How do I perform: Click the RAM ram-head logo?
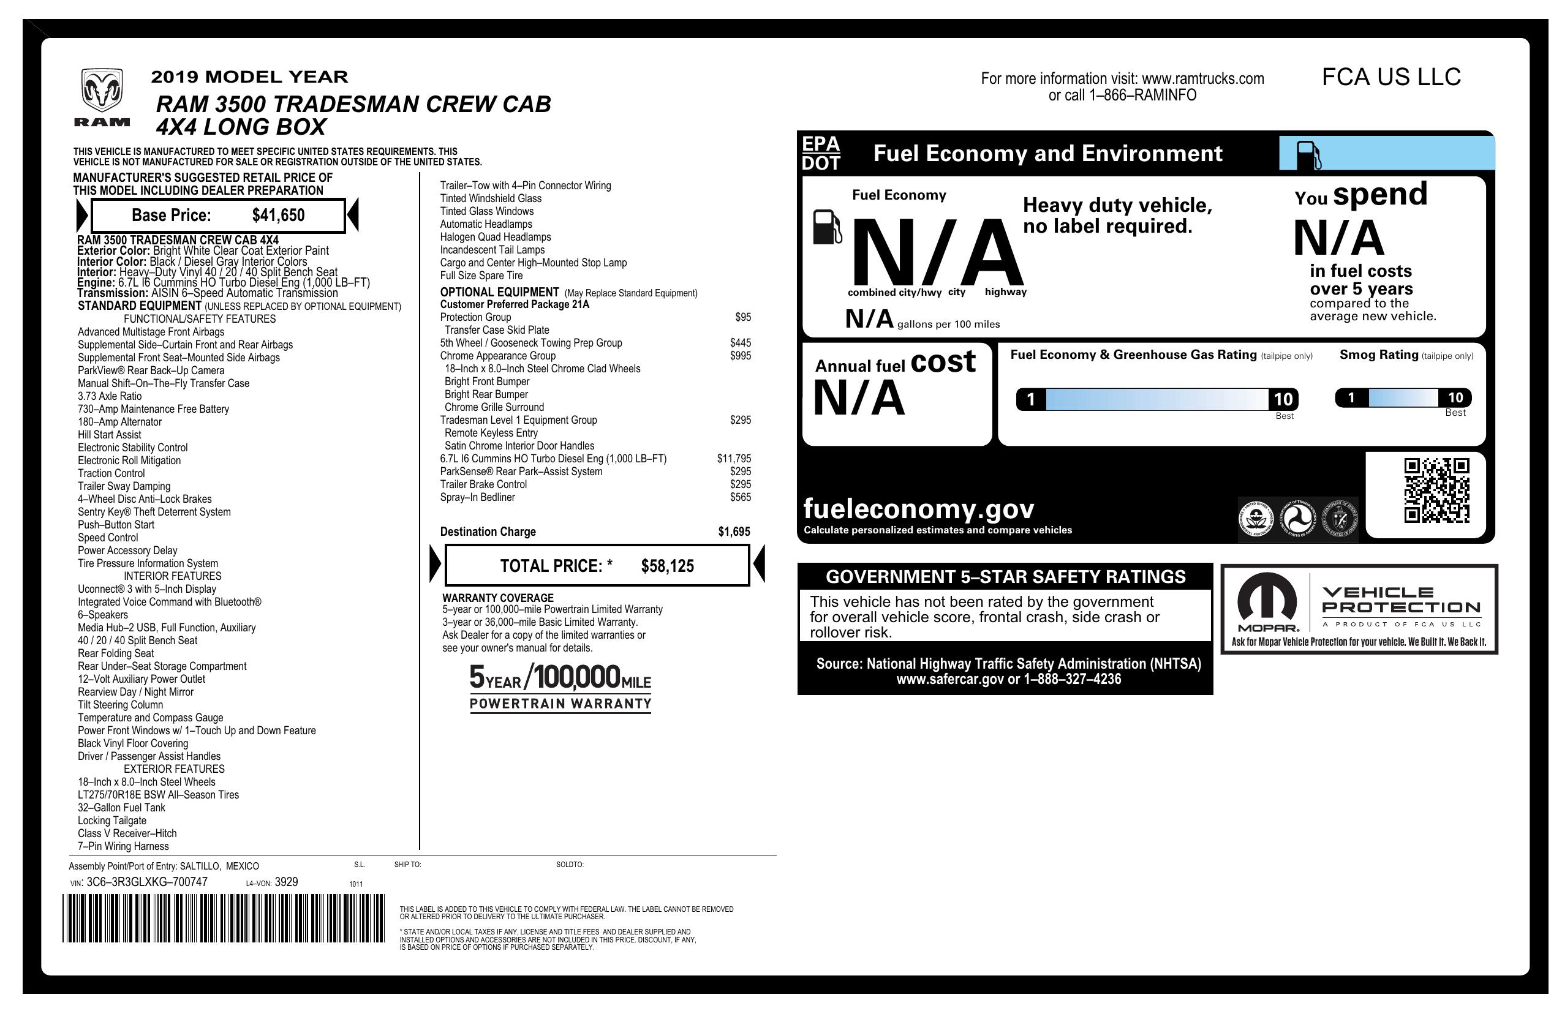click(102, 91)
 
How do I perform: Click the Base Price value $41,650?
click(278, 215)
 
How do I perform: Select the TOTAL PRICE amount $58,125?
click(667, 566)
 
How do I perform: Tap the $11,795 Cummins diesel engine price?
click(734, 459)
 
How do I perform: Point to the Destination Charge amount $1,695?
click(734, 532)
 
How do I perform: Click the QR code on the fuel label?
click(1436, 490)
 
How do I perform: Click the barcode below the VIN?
click(224, 919)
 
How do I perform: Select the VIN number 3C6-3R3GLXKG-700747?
click(147, 882)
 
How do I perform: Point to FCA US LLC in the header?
click(1390, 77)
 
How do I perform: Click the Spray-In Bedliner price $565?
click(741, 497)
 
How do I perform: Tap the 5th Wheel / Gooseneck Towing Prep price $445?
click(741, 343)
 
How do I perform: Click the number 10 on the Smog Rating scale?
click(1455, 397)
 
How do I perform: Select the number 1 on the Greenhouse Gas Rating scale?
click(1030, 399)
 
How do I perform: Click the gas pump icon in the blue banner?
click(1308, 155)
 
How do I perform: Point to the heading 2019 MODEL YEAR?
click(249, 77)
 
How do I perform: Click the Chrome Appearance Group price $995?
click(741, 356)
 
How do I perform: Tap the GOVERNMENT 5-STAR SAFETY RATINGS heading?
click(1005, 577)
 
